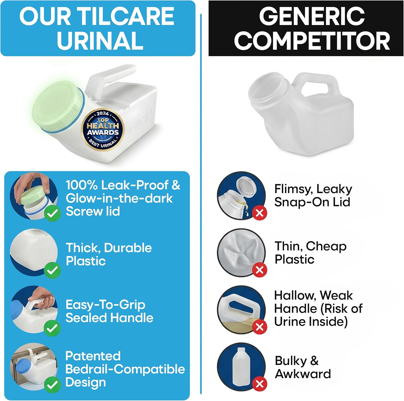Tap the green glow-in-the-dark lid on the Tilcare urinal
(x=58, y=108)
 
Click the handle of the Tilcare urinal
(x=110, y=78)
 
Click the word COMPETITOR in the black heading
(x=312, y=41)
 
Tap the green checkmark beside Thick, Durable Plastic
(x=52, y=270)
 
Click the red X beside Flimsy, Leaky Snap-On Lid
(x=260, y=213)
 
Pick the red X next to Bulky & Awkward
(x=260, y=384)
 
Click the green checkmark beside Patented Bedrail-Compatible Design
(x=52, y=385)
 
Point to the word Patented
(x=93, y=356)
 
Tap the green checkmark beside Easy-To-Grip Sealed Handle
(x=52, y=328)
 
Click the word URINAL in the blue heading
(x=100, y=41)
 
